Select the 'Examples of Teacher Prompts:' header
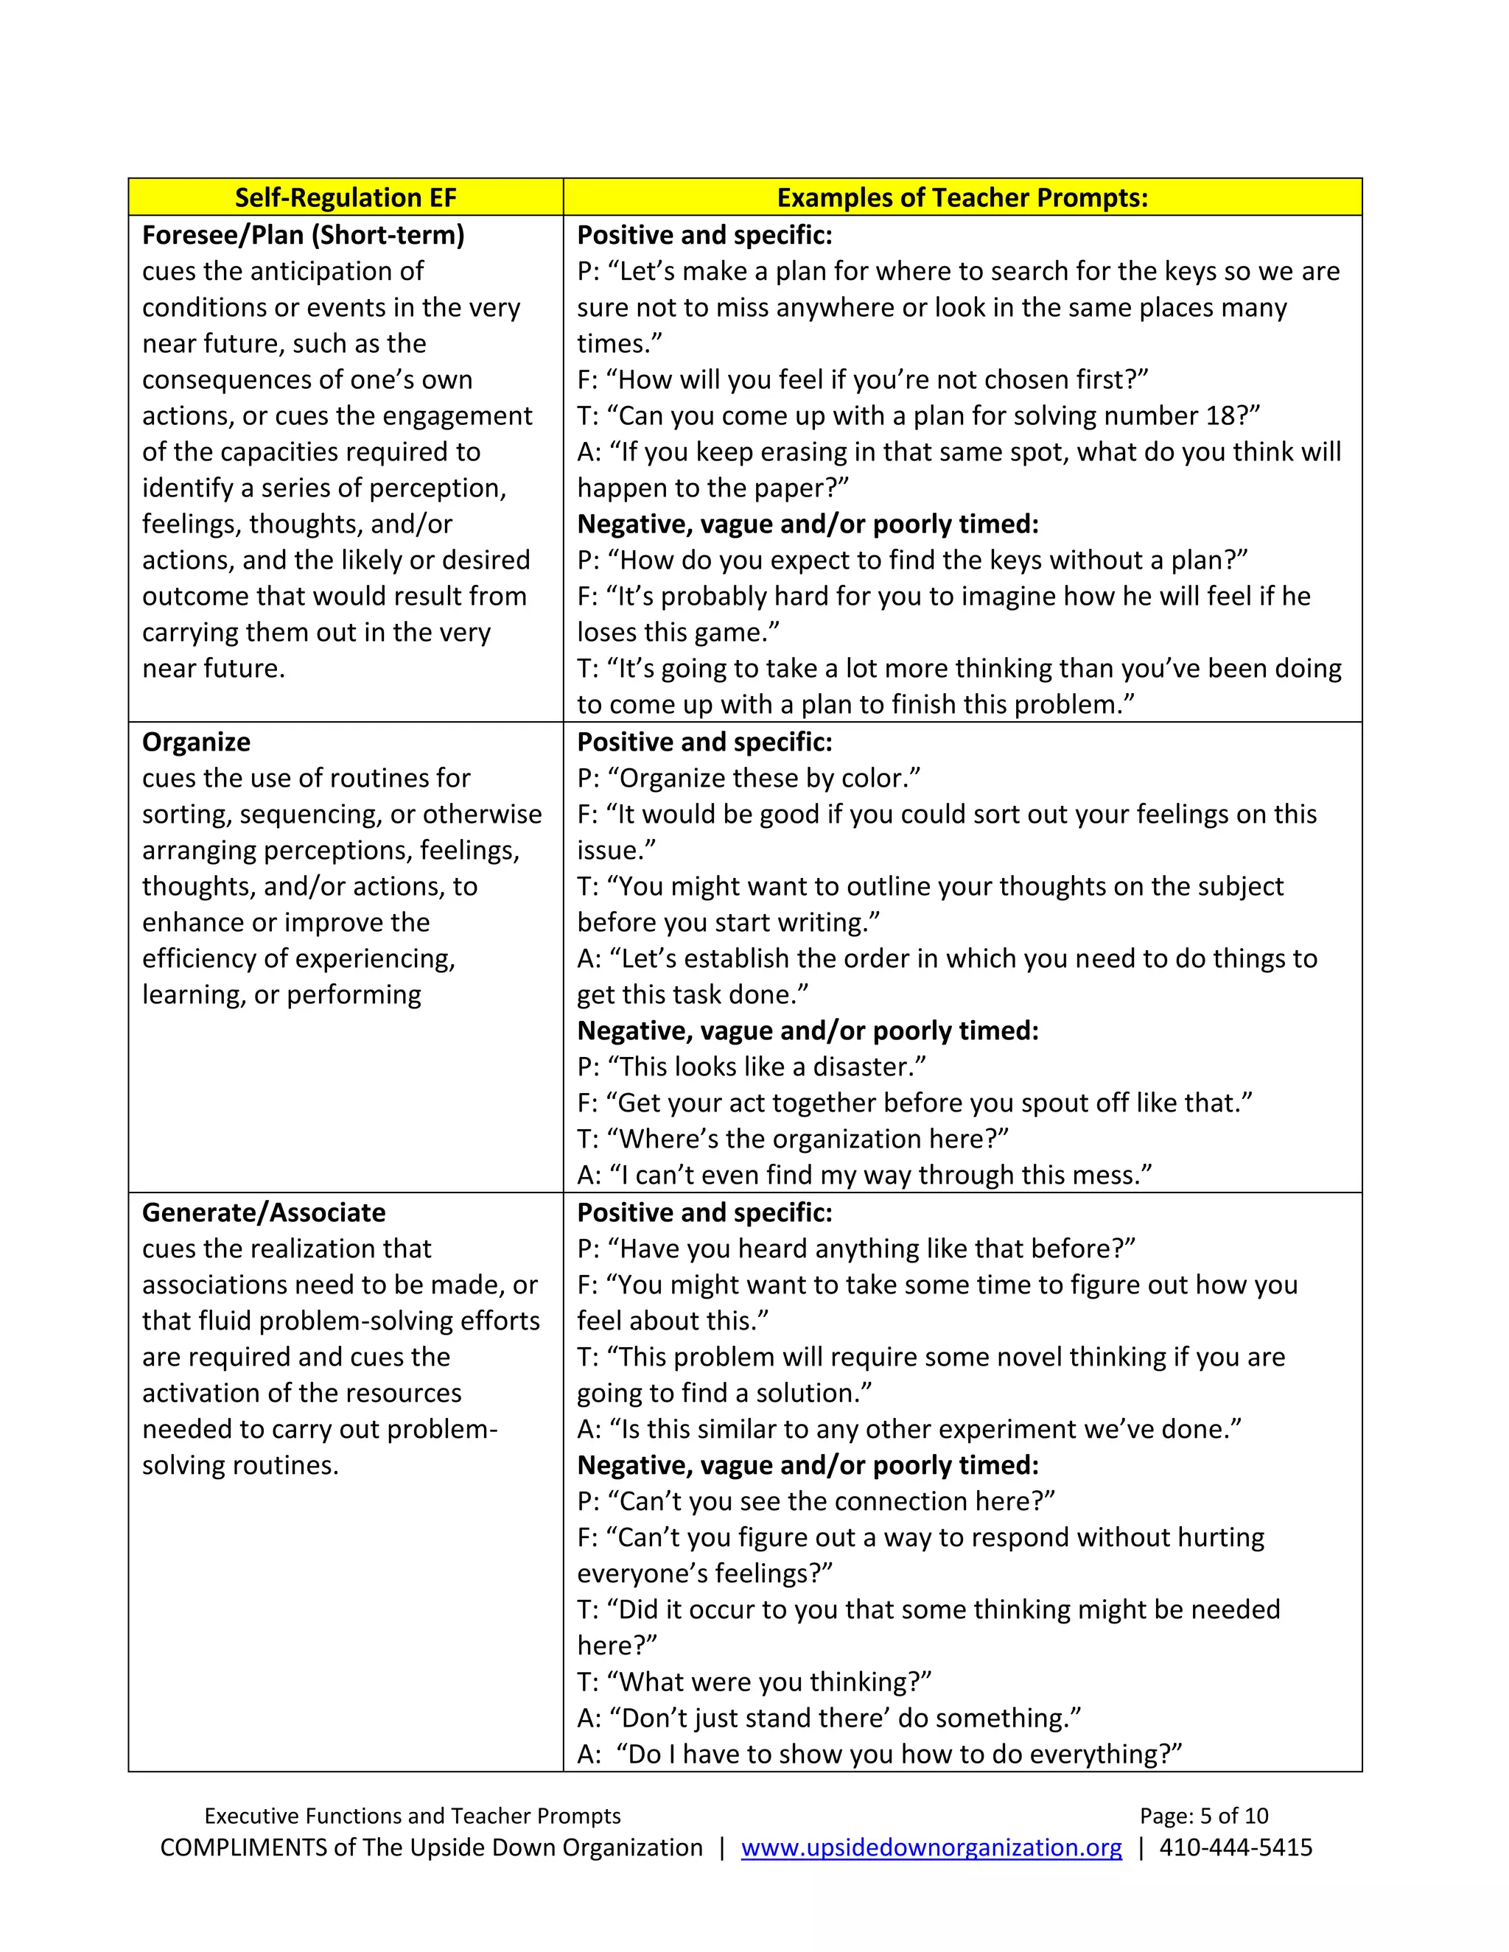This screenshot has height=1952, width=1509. (x=962, y=197)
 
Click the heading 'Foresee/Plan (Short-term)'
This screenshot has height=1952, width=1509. (x=303, y=235)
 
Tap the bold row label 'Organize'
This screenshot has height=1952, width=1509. (x=196, y=742)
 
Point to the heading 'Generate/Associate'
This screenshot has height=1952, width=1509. (x=264, y=1213)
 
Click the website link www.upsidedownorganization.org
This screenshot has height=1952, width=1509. (x=931, y=1847)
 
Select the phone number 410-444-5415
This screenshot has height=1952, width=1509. (x=1236, y=1847)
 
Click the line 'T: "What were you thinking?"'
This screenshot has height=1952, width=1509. (x=754, y=1682)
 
